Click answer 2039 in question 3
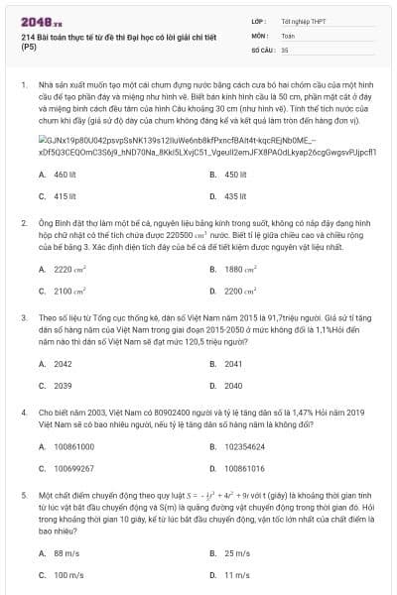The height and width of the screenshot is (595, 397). pyautogui.click(x=62, y=386)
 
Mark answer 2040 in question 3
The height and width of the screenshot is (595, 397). pyautogui.click(x=233, y=386)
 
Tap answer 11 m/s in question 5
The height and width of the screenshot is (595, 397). pyautogui.click(x=236, y=575)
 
